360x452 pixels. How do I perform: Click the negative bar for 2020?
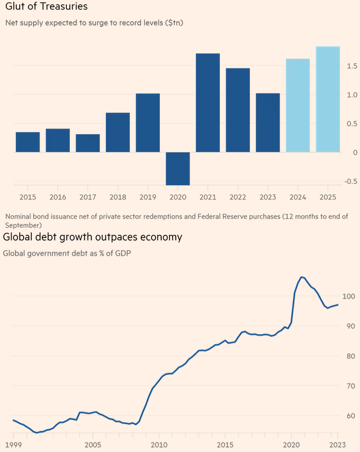(178, 168)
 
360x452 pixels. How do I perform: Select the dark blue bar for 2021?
(208, 103)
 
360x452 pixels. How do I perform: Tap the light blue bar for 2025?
(328, 99)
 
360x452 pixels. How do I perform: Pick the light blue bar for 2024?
(298, 105)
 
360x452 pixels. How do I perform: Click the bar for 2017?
(88, 143)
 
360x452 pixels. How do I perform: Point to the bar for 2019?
(148, 123)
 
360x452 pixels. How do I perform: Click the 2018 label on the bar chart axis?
(118, 197)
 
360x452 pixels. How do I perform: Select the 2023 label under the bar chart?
(268, 197)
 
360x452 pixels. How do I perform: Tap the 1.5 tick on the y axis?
(352, 66)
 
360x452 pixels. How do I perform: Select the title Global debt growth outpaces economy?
(92, 237)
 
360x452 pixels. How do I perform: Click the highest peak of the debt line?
(302, 277)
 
